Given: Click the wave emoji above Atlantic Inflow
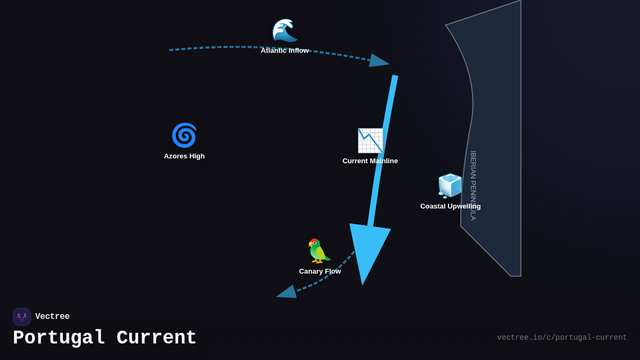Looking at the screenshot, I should (284, 30).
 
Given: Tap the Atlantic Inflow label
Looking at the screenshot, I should (285, 51).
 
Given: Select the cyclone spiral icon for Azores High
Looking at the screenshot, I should (184, 135).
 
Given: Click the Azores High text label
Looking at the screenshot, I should (184, 156).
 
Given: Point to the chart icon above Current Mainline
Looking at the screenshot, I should (370, 141).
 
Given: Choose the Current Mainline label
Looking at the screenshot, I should (370, 161).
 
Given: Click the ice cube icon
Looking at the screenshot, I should (450, 186).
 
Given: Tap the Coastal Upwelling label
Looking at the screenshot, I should (450, 206).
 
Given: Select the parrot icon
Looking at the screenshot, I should (319, 251).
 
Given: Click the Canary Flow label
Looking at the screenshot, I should (320, 271).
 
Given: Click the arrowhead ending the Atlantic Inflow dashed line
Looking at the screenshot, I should (378, 61).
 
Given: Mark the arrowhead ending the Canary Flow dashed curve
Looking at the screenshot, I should (287, 292).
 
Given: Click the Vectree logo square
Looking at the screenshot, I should (22, 317).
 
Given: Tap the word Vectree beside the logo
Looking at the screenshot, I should (52, 317).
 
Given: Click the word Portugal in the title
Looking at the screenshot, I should (59, 338).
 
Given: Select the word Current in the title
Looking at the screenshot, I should (156, 338).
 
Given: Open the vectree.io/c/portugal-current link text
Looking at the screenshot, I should (562, 338).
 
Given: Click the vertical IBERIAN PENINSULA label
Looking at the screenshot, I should (473, 186).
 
